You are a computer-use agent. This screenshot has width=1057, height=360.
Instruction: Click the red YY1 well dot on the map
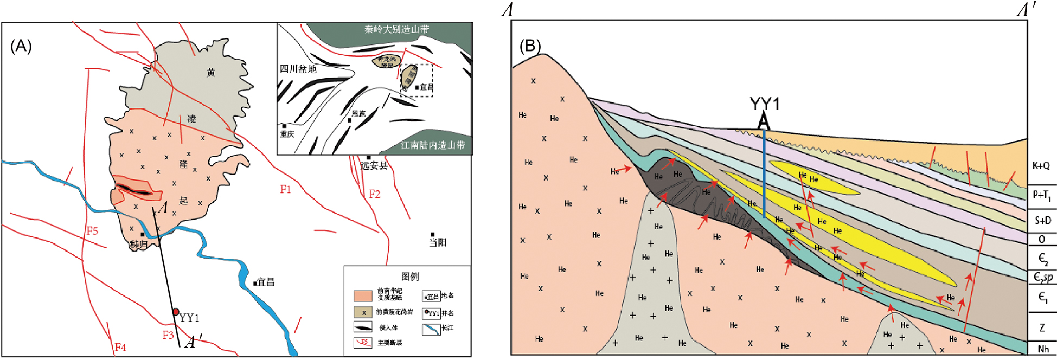[176, 312]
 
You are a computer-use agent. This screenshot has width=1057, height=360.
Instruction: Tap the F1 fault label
[285, 189]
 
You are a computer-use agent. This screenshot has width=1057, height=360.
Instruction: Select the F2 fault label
[374, 194]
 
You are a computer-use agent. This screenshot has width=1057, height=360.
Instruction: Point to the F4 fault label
[120, 347]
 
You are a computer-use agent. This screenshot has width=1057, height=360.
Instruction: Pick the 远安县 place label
[374, 165]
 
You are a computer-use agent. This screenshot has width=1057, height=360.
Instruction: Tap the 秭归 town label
[138, 244]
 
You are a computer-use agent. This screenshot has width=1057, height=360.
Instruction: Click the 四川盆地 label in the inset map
[298, 69]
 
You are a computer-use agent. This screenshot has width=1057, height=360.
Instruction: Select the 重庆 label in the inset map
[287, 134]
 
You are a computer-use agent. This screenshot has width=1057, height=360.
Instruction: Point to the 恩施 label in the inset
[358, 114]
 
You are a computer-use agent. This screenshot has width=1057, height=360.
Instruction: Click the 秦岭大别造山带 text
[396, 29]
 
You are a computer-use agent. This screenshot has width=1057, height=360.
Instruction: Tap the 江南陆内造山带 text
[432, 145]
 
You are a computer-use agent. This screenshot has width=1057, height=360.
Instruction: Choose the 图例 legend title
[410, 276]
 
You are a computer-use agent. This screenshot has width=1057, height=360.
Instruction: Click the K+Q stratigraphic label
[1041, 166]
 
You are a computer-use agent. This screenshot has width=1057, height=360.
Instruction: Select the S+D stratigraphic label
[1042, 220]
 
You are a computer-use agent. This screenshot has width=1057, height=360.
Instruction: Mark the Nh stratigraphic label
[1043, 349]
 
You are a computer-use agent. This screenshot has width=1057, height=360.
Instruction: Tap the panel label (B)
[530, 46]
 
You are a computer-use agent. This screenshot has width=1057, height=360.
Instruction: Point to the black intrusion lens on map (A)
[133, 189]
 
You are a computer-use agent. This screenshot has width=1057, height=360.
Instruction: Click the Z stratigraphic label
[1042, 327]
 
